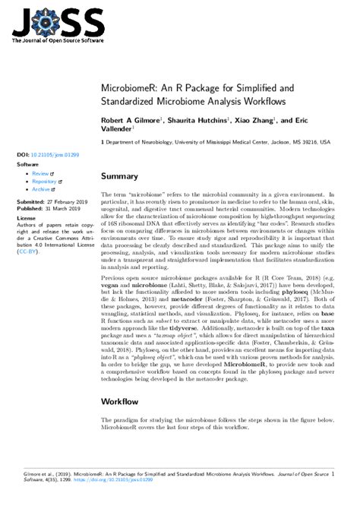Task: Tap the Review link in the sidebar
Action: pos(40,173)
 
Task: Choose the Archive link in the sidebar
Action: pos(42,191)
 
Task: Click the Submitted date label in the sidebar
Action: pos(31,202)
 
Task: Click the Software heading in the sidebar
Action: pos(28,163)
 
